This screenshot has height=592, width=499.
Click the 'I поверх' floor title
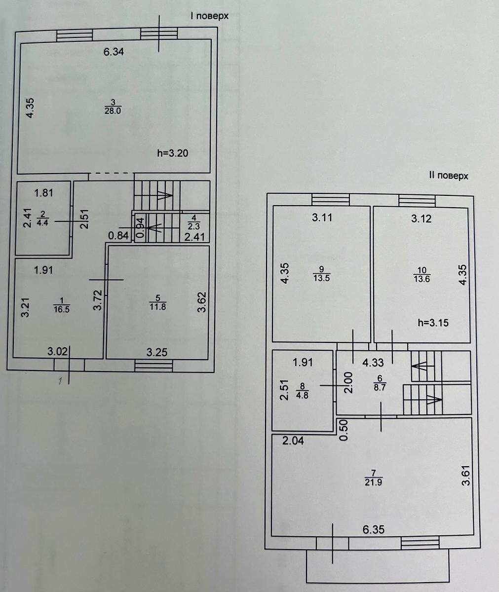coord(209,16)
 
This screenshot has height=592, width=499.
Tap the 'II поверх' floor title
coord(448,176)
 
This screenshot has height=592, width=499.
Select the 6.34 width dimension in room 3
coord(114,52)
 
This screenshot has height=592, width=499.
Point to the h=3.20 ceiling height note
coord(173,153)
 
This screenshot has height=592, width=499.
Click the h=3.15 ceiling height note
coord(433,323)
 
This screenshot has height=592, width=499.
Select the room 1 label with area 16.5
coord(62,305)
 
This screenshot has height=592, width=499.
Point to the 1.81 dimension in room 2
coord(43,193)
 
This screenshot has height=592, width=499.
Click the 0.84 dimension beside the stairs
coord(118,236)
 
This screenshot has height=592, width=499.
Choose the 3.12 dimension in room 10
coord(421,219)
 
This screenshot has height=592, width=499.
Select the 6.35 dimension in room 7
coord(374,530)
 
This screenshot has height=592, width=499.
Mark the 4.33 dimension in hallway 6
coord(373,363)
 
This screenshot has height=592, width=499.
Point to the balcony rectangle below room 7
coord(378,567)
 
